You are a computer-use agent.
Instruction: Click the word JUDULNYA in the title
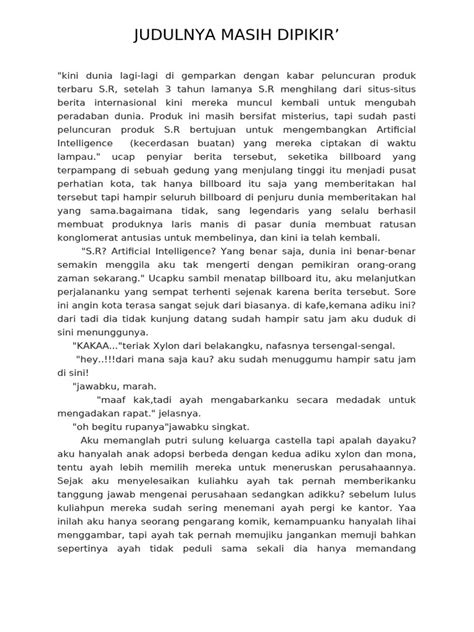coord(178,38)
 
